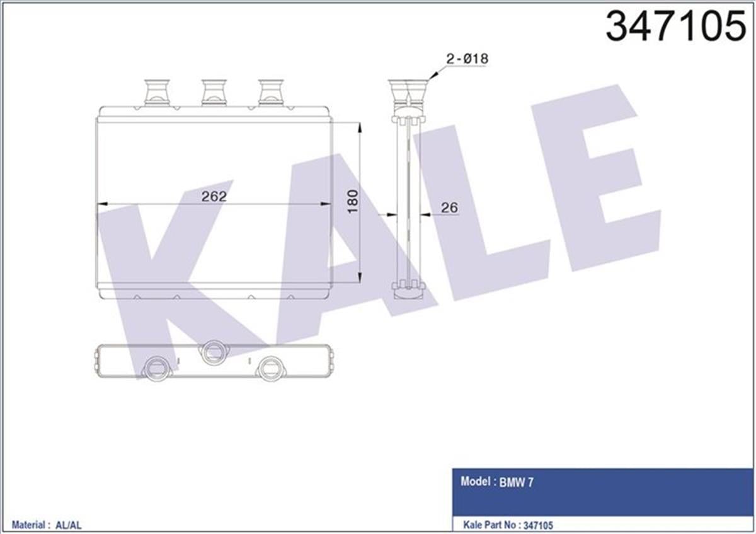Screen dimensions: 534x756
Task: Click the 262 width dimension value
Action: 214,196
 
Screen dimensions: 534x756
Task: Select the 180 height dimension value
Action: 352,200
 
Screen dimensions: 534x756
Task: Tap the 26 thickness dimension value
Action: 449,207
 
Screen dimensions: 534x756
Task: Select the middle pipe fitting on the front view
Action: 214,91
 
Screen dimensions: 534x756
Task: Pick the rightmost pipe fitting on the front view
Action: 272,91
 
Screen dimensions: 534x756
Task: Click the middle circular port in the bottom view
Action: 212,351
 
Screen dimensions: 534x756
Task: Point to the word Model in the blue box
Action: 476,482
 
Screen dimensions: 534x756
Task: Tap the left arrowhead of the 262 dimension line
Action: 101,204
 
